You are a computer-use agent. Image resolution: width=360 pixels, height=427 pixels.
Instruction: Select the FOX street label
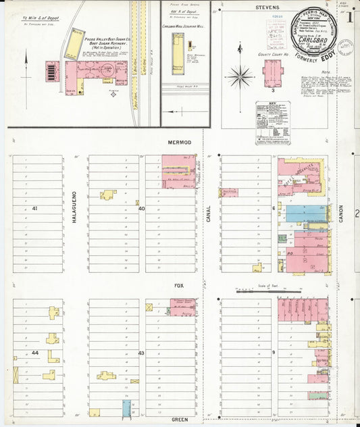tap(179, 286)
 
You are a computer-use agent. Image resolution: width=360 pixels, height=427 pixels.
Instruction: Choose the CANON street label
tap(341, 214)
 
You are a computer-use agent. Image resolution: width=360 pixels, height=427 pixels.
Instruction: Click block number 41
tap(34, 209)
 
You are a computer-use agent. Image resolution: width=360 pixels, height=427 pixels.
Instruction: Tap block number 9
tap(274, 353)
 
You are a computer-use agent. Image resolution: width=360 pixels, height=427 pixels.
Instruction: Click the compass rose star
tap(240, 76)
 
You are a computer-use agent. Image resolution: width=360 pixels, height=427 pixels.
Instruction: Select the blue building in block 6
tap(306, 214)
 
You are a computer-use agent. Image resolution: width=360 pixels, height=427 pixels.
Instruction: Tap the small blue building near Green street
tap(126, 407)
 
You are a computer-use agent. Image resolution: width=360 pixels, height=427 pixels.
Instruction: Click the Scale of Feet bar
tap(257, 291)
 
